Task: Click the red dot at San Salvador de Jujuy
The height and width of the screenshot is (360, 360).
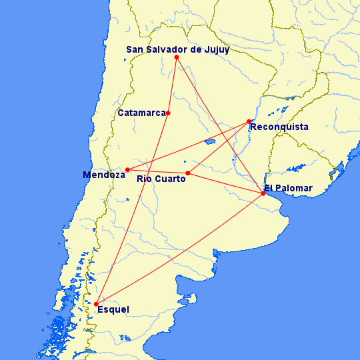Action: [177, 57]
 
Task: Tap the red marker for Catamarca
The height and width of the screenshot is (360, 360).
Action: [168, 113]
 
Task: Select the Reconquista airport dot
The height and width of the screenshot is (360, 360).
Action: [249, 121]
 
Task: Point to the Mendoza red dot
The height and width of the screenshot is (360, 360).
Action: [127, 169]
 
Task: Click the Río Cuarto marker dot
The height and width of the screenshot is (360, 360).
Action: [188, 173]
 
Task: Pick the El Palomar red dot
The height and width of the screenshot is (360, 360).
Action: [263, 193]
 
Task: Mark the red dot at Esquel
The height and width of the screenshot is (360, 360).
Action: [97, 305]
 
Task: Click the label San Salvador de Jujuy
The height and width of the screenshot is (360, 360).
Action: [178, 49]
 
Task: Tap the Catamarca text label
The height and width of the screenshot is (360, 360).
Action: [141, 113]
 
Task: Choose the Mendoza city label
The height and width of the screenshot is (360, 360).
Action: [104, 175]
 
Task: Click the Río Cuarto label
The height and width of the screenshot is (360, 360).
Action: [161, 179]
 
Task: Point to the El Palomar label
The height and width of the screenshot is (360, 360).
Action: [287, 188]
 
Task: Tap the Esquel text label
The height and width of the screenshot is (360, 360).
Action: [113, 309]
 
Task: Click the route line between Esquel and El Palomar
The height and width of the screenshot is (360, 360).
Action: [180, 249]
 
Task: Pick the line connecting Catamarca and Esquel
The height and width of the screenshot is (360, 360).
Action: [132, 209]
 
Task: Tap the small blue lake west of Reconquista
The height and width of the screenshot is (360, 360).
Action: [209, 141]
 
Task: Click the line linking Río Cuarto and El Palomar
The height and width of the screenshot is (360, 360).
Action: [225, 183]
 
